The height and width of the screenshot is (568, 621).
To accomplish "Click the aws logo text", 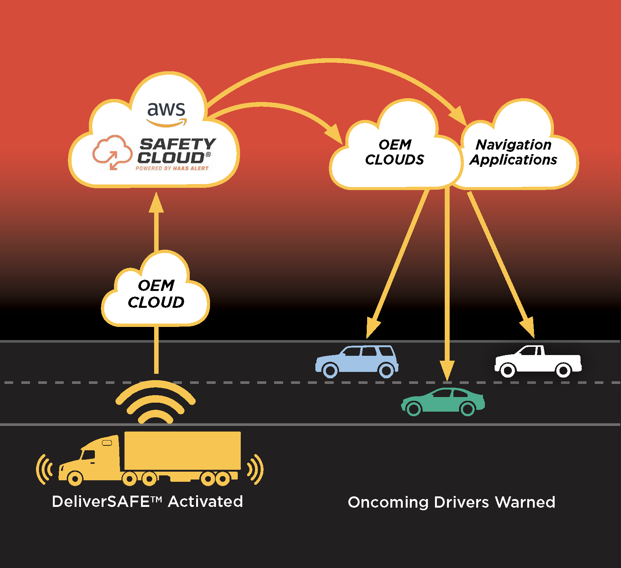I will pos(166,109).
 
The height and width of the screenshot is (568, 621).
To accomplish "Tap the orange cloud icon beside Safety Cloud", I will pos(112,152).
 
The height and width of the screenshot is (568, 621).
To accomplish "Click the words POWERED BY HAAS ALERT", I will pos(172,168).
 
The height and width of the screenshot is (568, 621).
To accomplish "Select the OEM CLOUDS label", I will pos(394,152).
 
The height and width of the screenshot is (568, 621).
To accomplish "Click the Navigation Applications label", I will pos(513,152).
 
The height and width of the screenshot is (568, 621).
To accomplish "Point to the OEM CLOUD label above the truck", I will pos(156,294).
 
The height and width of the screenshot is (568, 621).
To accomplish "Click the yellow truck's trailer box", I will pos(182,450).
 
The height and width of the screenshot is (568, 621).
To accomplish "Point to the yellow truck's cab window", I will pos(89,454).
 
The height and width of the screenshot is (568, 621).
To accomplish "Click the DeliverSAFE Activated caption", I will pos(147,502).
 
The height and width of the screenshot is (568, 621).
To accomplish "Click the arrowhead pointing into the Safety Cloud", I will pos(156,204).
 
